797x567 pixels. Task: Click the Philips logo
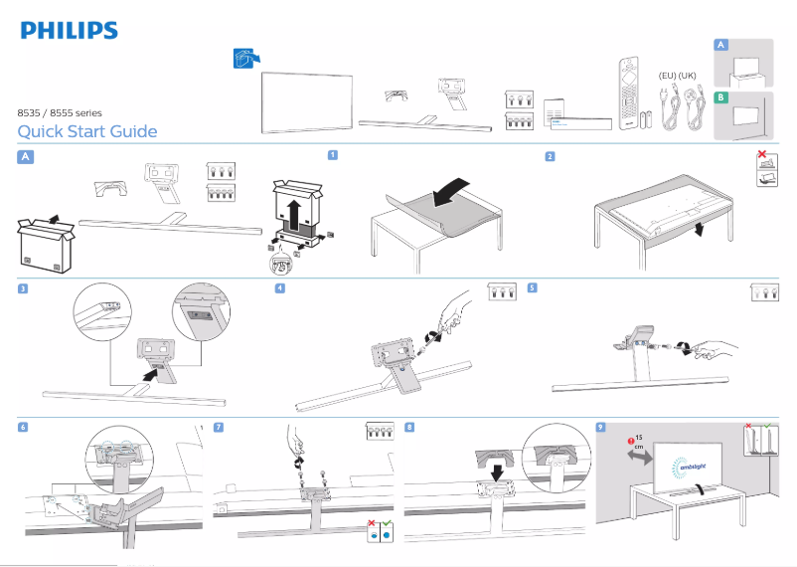[69, 30]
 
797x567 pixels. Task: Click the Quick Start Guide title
[87, 132]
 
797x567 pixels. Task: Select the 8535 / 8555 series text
[60, 113]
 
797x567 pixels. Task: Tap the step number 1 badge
[333, 155]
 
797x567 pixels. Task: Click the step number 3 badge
[23, 288]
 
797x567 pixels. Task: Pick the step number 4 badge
[280, 288]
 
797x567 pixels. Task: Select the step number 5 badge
[532, 288]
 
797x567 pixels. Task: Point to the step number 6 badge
[23, 427]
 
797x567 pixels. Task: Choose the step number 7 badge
[219, 427]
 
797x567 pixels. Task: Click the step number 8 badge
[409, 427]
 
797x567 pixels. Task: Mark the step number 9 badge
[600, 427]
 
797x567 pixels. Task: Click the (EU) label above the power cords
[670, 76]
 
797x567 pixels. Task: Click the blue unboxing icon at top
[241, 59]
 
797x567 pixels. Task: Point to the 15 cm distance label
[637, 442]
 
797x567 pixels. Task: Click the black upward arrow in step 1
[293, 212]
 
